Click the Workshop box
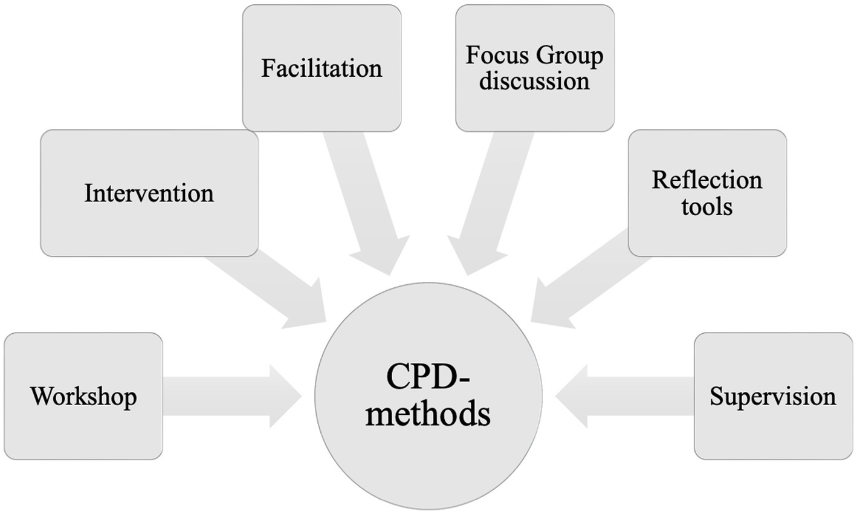83,396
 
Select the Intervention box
149,193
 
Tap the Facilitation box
322,68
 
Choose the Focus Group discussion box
535,68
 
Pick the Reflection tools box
707,193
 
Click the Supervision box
773,396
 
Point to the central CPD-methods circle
428,396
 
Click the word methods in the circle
428,415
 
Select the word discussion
535,80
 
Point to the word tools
707,206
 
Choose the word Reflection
707,180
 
